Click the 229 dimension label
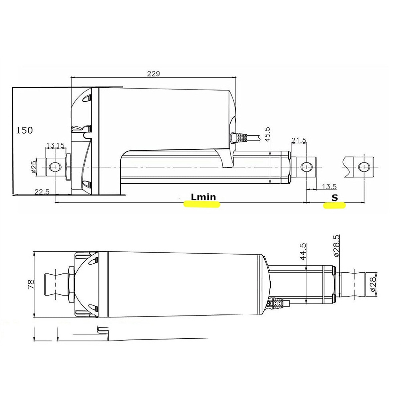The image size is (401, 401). pos(153,74)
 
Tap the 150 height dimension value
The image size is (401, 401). pos(24,130)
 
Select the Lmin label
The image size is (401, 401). pos(203,197)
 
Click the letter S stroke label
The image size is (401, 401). pos(335,197)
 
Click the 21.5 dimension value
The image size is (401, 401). pos(299,140)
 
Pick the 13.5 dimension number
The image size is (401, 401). pos(329,187)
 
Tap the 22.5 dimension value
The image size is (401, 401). pos(42,192)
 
